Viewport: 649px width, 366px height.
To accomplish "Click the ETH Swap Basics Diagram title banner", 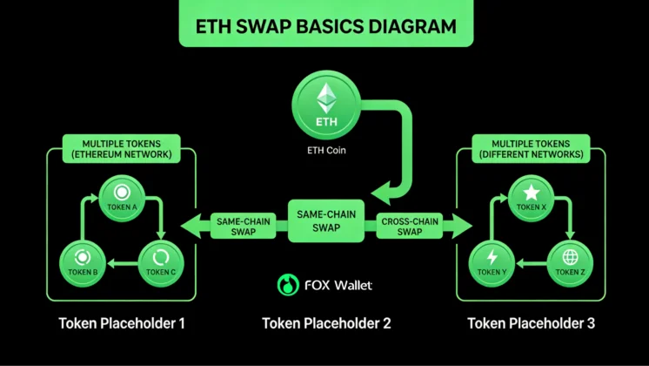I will (324, 24).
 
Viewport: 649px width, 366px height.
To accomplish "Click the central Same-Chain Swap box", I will (324, 220).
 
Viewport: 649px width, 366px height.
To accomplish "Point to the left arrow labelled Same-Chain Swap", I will (231, 227).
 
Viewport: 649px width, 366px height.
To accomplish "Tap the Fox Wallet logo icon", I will (287, 285).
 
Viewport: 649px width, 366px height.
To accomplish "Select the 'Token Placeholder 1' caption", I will (122, 323).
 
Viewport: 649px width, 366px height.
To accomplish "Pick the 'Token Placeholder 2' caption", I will (325, 323).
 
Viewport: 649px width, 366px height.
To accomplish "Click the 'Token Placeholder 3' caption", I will (531, 323).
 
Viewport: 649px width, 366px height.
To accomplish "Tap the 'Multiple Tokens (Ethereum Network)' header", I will (121, 149).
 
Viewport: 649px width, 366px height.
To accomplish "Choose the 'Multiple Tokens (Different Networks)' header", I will (529, 149).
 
